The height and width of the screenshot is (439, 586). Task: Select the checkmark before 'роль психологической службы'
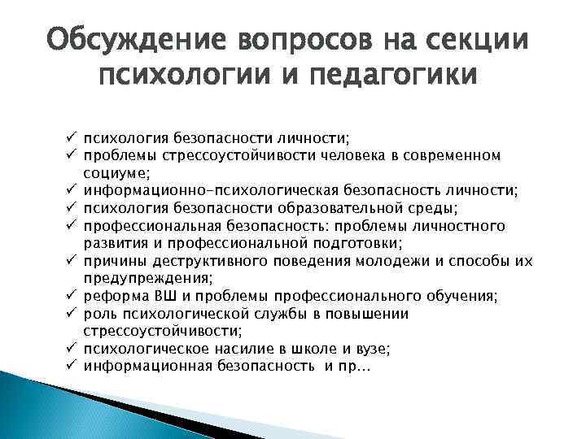pos(72,313)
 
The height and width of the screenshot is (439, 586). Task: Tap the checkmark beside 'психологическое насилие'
pos(72,349)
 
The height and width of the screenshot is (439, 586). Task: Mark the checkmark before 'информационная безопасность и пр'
pos(72,367)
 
